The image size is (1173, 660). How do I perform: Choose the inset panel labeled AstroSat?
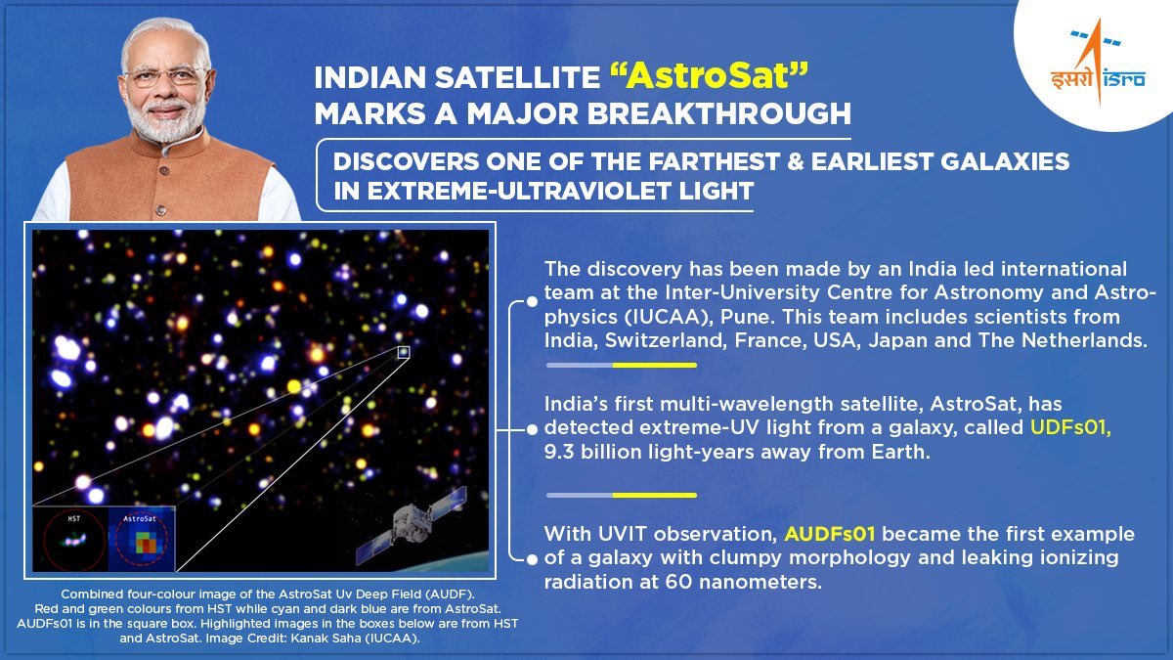click(141, 539)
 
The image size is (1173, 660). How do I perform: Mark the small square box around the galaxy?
click(404, 352)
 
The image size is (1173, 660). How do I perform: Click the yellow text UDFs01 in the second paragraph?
click(1068, 428)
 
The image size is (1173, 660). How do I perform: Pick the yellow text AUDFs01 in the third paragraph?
click(829, 535)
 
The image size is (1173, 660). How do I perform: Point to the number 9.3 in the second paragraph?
click(562, 452)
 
